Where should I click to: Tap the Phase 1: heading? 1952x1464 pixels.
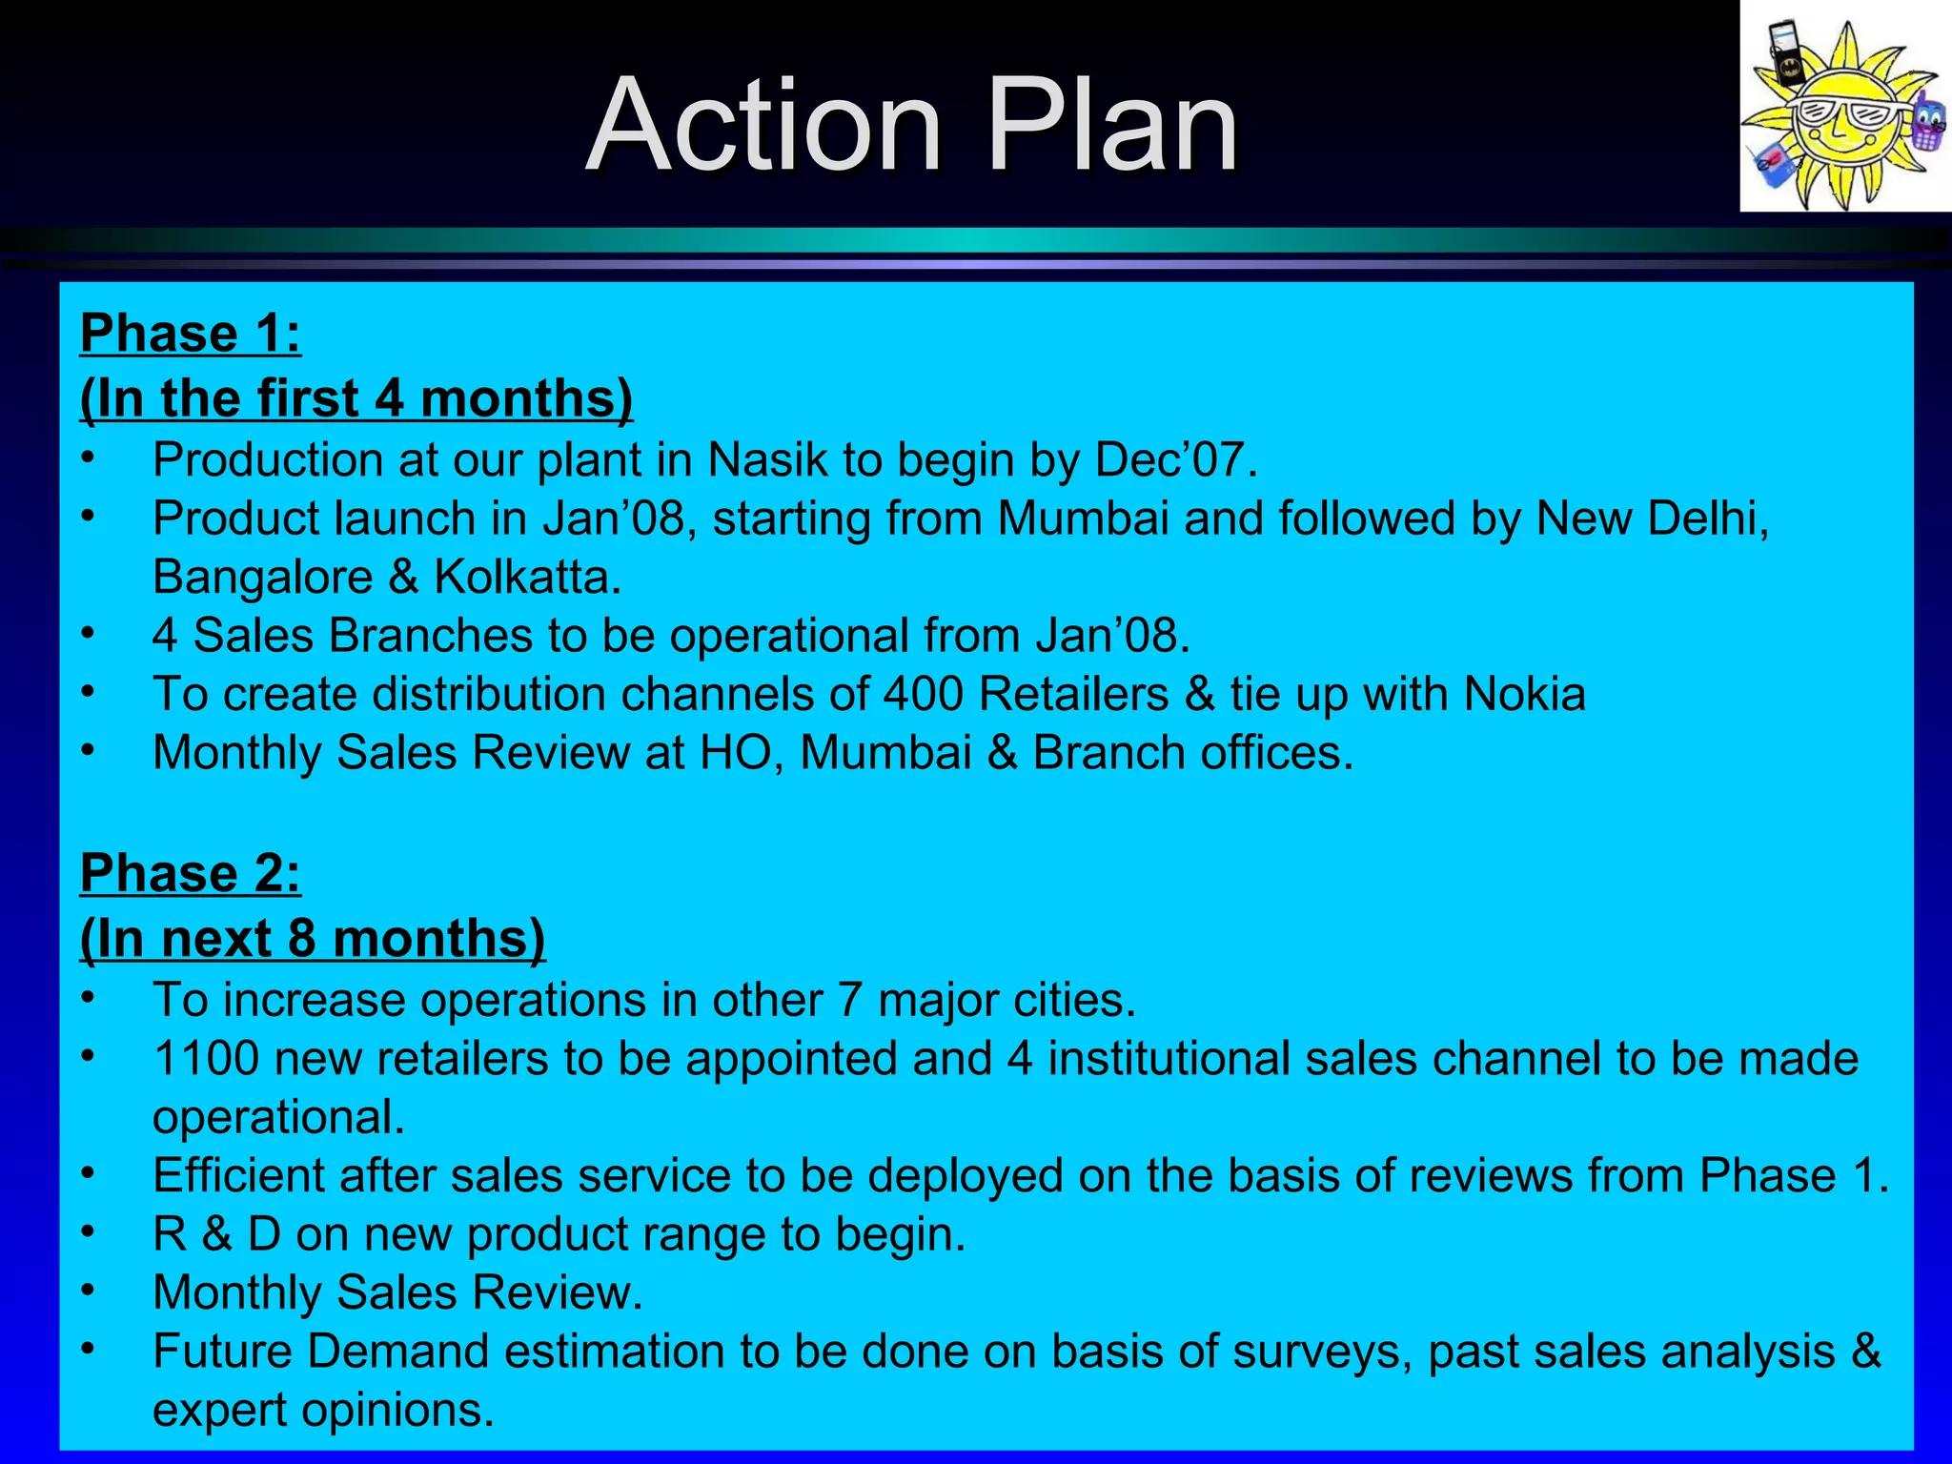tap(191, 334)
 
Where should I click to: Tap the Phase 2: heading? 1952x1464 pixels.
tap(191, 873)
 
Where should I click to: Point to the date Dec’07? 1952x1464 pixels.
tap(1175, 459)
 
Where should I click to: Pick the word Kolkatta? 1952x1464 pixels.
tap(527, 577)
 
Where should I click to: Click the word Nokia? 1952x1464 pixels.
tap(1524, 694)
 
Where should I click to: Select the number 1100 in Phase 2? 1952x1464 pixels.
tap(206, 1059)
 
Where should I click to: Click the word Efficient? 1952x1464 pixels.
tap(239, 1175)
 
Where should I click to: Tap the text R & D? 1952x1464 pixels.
tap(217, 1234)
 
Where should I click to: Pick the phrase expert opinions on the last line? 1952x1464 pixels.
tap(323, 1410)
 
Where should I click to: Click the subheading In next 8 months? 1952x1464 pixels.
tap(313, 939)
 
